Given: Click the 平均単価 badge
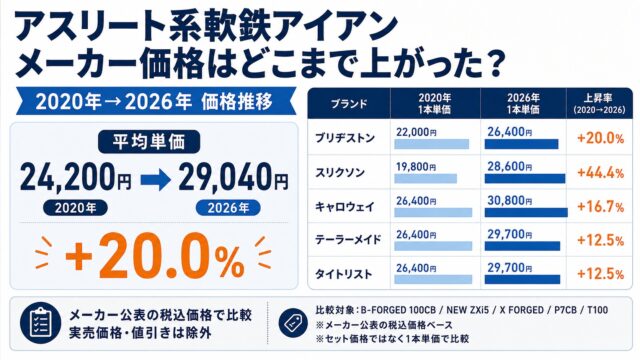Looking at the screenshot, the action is click(149, 142).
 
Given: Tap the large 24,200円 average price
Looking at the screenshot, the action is click(76, 177).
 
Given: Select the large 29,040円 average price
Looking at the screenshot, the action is click(233, 177).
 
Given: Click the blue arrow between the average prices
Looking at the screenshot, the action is click(155, 180).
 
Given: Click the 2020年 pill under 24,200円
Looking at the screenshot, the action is click(76, 208).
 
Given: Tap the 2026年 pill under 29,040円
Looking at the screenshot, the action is click(228, 208).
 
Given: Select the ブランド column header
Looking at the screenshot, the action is click(349, 104).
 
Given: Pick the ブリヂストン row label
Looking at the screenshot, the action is click(345, 138).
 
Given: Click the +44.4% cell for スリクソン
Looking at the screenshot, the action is click(600, 173).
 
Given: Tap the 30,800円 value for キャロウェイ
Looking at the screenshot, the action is click(509, 201).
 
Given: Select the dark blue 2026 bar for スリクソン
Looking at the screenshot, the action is click(525, 179).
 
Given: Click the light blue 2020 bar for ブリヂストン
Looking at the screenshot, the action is click(431, 144).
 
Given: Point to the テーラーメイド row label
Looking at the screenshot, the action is click(348, 240).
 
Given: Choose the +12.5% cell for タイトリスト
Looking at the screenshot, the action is click(600, 273).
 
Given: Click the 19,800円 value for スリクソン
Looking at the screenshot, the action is click(416, 167).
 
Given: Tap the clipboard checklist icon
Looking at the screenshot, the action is click(40, 324).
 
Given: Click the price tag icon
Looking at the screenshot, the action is click(293, 323).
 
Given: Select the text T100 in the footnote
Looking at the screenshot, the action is click(597, 310).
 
